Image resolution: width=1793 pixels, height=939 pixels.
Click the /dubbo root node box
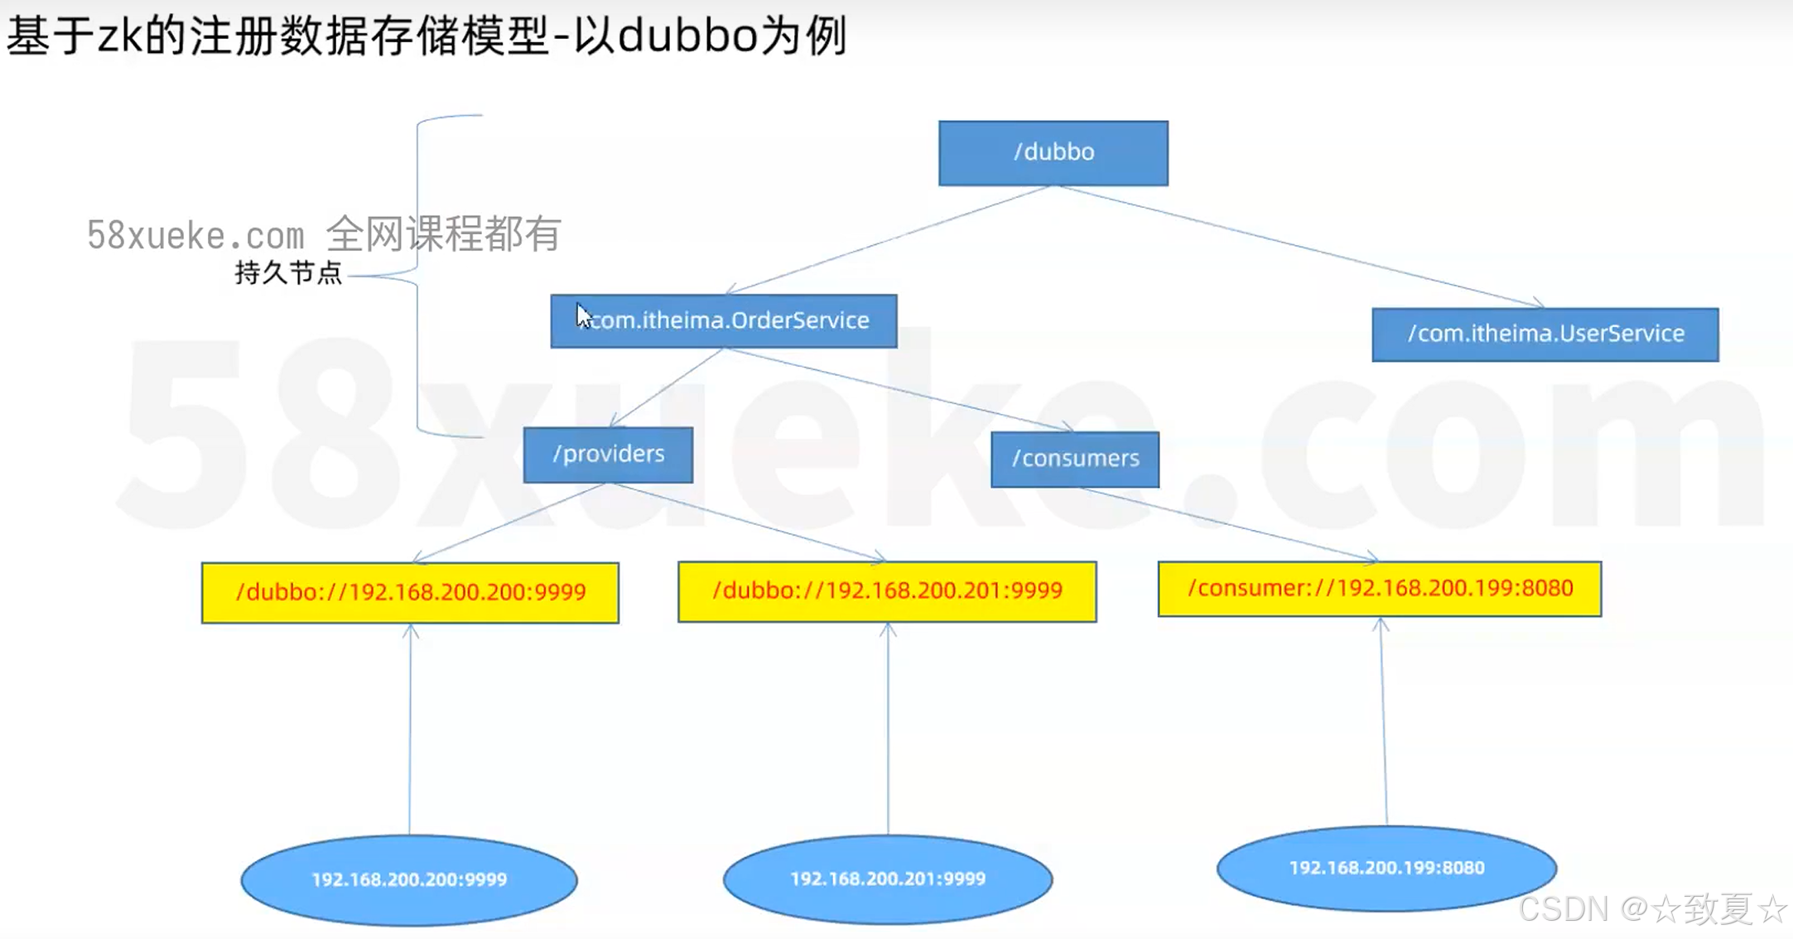(1053, 153)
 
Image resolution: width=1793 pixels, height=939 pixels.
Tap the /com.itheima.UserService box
(1545, 335)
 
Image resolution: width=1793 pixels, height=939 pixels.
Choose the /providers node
(608, 455)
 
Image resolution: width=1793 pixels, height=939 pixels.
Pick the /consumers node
(1075, 459)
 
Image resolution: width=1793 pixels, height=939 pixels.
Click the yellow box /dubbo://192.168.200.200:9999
(410, 593)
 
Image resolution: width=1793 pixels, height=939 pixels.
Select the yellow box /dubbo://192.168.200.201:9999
(887, 591)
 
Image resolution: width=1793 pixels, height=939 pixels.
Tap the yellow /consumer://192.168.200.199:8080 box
(1379, 589)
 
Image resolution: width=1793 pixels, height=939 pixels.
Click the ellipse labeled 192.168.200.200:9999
(409, 879)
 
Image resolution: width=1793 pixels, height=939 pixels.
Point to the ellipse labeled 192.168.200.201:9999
(888, 879)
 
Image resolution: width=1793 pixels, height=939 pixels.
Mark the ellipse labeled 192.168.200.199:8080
(1386, 868)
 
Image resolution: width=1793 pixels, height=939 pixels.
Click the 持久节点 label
(288, 272)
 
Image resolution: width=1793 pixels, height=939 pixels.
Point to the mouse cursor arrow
(583, 315)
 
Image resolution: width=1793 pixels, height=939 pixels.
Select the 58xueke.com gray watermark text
(195, 236)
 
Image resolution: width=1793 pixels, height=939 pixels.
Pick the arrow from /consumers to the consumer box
(1226, 524)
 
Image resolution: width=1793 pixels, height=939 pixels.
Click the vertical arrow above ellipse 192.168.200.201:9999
(888, 729)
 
